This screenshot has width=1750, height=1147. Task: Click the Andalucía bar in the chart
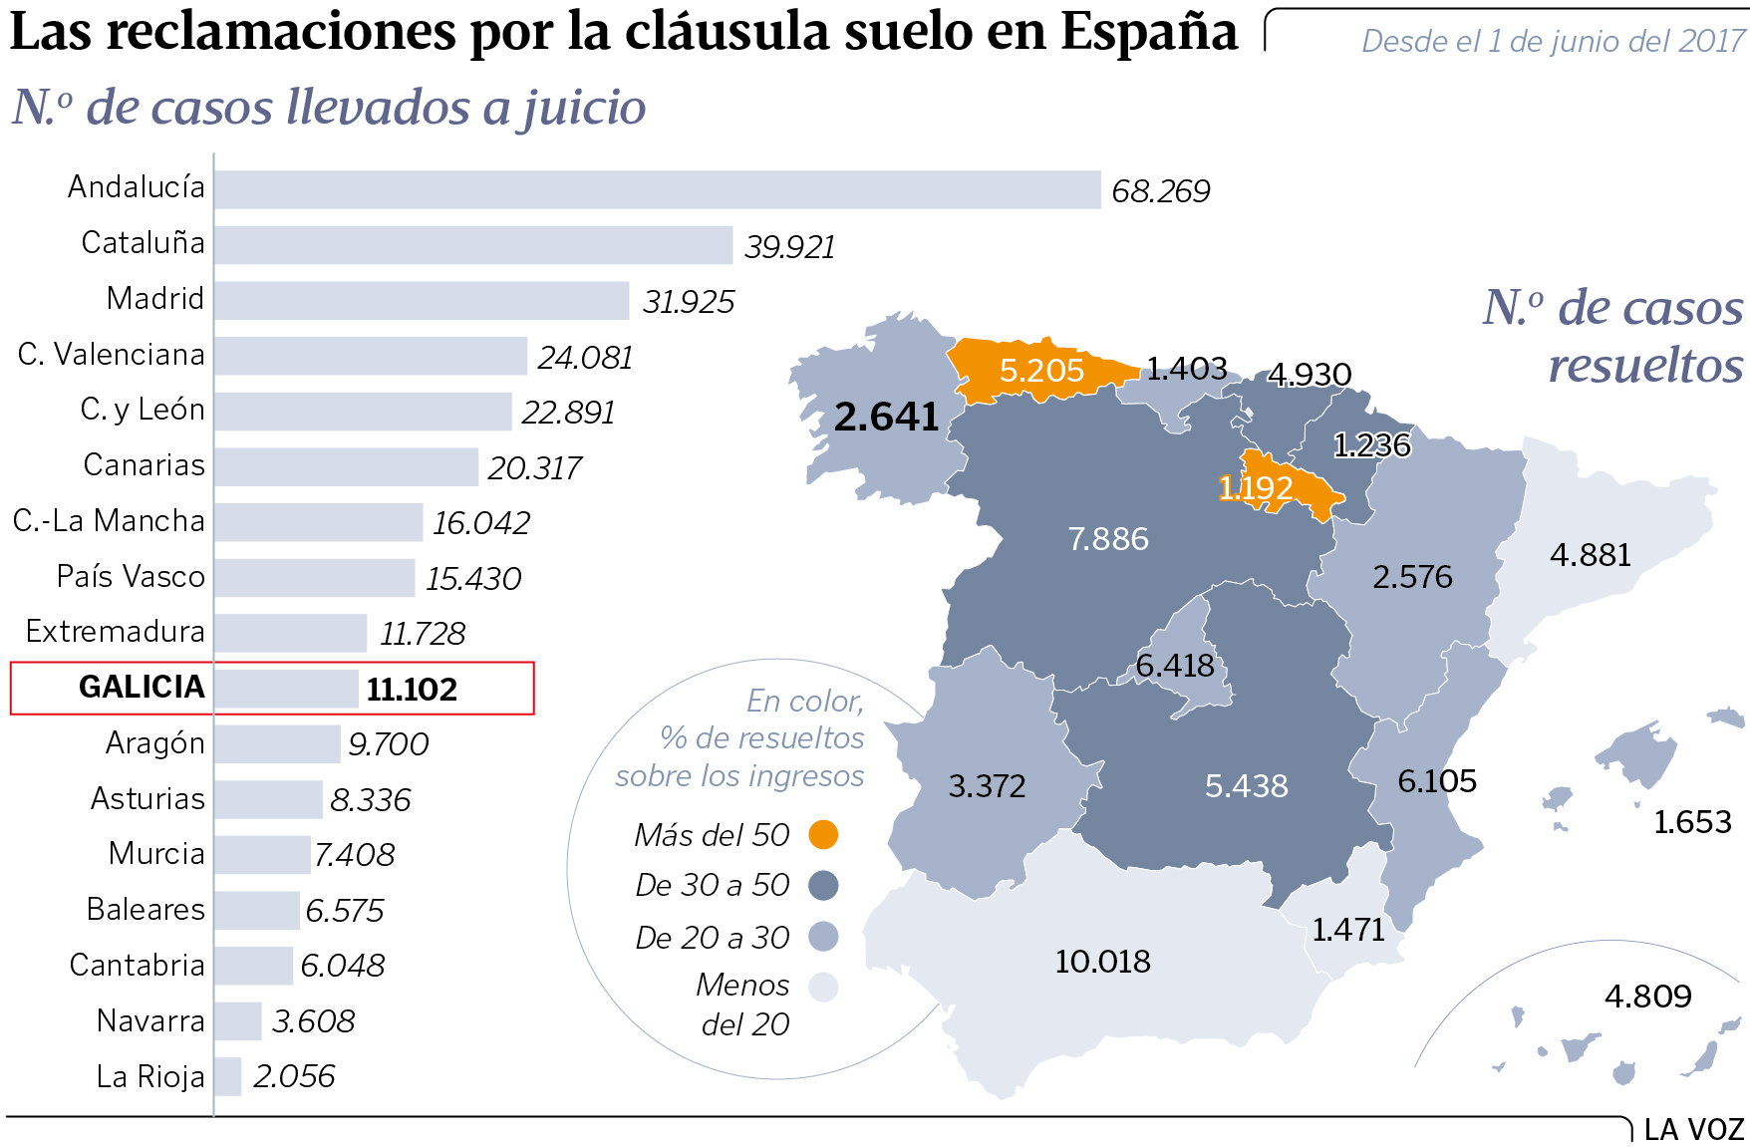(658, 189)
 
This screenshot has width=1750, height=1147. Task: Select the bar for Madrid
(422, 301)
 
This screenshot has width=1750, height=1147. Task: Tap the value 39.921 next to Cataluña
(789, 246)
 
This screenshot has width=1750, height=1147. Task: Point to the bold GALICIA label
(142, 687)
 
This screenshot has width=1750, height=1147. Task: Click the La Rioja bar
(228, 1076)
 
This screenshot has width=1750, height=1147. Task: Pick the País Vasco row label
(131, 576)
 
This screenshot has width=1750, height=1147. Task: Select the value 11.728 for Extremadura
(423, 633)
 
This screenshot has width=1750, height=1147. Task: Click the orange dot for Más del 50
(823, 834)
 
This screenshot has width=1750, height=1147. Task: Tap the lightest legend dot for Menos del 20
(823, 988)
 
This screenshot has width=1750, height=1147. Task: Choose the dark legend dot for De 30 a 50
(823, 885)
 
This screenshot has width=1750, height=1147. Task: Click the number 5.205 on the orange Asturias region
(1041, 371)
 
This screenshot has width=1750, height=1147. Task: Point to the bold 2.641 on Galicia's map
(886, 417)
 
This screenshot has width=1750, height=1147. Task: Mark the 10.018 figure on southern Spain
(1102, 962)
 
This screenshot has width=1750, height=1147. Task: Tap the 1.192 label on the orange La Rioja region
(1256, 488)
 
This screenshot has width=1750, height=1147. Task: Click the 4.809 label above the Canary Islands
(1647, 996)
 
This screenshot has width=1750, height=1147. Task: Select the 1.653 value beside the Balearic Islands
(1692, 822)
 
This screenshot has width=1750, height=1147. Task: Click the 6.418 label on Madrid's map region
(1175, 665)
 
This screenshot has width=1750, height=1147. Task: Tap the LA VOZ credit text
(1693, 1130)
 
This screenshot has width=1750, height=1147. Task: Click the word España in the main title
(1148, 32)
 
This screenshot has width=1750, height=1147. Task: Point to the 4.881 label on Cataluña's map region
(1590, 555)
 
